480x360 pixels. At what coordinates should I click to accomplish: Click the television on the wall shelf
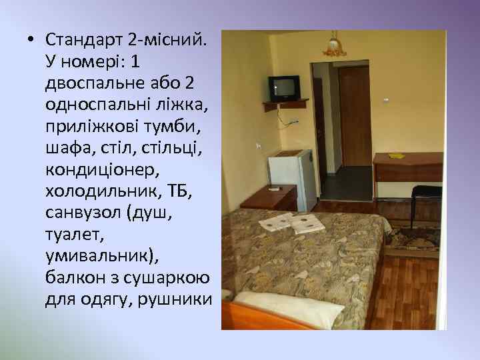click(x=283, y=87)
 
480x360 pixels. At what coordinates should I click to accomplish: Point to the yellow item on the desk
click(x=397, y=156)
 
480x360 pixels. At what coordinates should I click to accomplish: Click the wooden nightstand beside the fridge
click(x=269, y=198)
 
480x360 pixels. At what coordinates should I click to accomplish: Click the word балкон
click(x=70, y=277)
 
